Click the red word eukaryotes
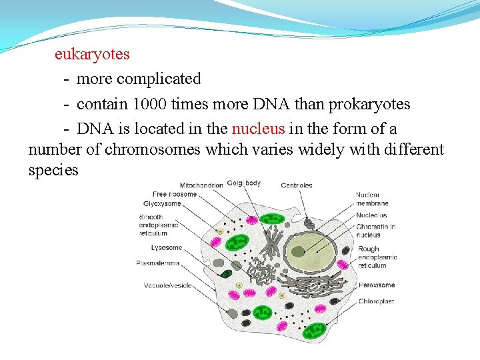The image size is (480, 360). pos(92,53)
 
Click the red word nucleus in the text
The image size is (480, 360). pos(258,128)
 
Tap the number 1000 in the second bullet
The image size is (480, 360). pos(149,104)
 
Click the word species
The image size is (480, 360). pos(53,170)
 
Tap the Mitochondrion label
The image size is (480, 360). pos(201,185)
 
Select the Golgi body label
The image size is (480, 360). pos(244,183)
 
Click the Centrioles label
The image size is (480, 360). pos(297,185)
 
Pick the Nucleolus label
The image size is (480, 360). pos(371,215)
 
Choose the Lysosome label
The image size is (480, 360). pos(167,247)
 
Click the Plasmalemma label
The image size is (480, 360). pos(158,263)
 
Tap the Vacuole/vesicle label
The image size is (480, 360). pos(168,285)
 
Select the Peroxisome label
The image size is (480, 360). pos(376,285)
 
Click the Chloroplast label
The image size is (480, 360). pos(376,301)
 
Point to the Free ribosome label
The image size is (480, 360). pos(174,194)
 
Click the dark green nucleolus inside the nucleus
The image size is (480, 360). pos(298,251)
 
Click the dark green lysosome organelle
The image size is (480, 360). pos(227,273)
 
